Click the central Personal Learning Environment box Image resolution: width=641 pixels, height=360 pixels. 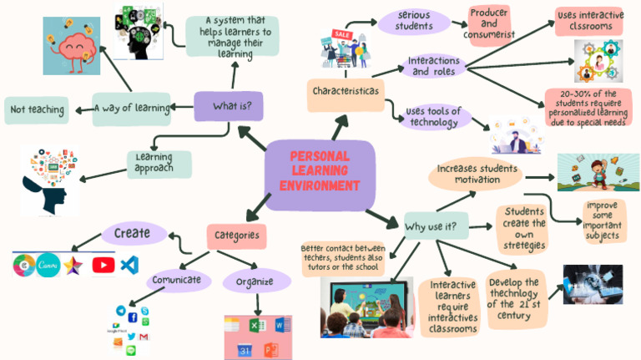[x=320, y=171]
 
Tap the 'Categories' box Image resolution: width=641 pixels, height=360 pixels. [x=236, y=236]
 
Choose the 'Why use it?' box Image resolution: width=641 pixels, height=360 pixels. [x=435, y=226]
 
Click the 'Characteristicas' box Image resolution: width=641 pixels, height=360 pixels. [x=345, y=90]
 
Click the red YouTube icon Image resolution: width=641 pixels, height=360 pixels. [x=103, y=265]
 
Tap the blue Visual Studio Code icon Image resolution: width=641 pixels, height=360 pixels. [x=129, y=265]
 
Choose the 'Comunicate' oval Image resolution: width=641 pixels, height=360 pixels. [x=179, y=281]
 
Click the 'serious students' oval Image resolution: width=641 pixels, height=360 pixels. [x=415, y=22]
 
